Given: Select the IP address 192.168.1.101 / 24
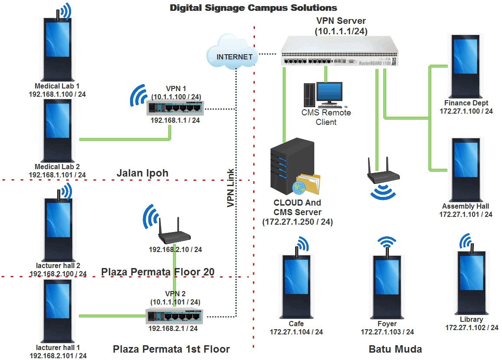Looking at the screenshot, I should pyautogui.click(x=57, y=175).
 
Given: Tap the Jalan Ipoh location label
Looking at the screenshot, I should pyautogui.click(x=142, y=173).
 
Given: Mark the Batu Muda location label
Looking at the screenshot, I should pyautogui.click(x=395, y=349).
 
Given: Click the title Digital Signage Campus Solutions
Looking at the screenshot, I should pyautogui.click(x=253, y=8).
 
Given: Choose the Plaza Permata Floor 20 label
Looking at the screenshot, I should pyautogui.click(x=158, y=272).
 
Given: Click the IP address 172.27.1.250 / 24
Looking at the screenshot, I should pyautogui.click(x=297, y=222).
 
